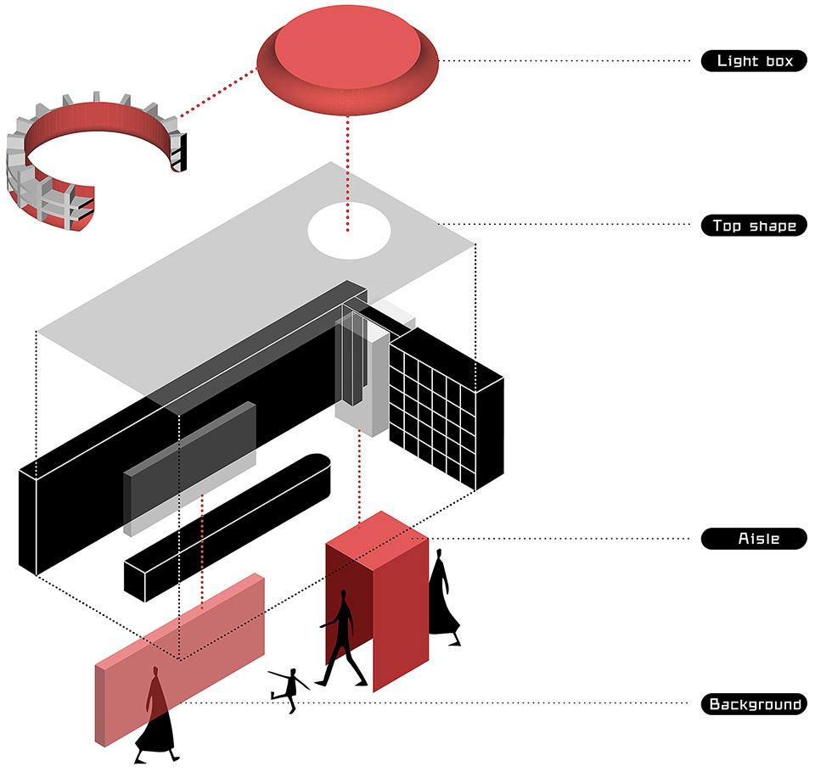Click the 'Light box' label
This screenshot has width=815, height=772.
pyautogui.click(x=754, y=61)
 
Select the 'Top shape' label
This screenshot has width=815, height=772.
pyautogui.click(x=754, y=226)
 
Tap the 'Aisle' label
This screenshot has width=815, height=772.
pyautogui.click(x=754, y=539)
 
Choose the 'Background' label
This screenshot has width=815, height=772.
pyautogui.click(x=754, y=704)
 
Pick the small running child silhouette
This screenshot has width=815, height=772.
pyautogui.click(x=290, y=687)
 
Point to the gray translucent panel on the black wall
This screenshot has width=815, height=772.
pyautogui.click(x=191, y=467)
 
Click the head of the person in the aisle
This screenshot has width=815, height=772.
pyautogui.click(x=343, y=597)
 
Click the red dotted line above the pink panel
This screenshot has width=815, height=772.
pyautogui.click(x=202, y=551)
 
